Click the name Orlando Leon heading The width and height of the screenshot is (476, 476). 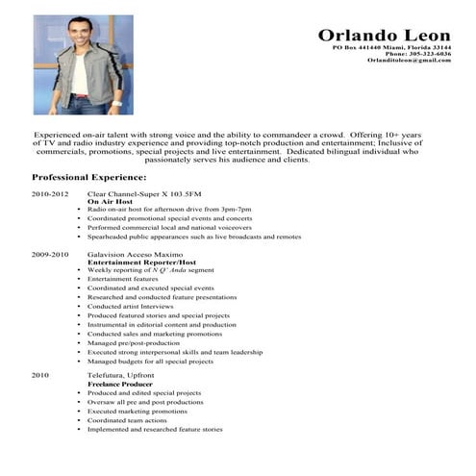coord(384,35)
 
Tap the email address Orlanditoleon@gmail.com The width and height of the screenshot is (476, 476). coord(409,61)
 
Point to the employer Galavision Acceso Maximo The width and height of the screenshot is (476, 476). coord(135,254)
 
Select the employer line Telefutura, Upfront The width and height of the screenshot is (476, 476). coord(119,374)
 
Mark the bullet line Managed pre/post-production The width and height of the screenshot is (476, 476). coord(135,341)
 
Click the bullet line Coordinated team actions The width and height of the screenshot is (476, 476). coord(126,419)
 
